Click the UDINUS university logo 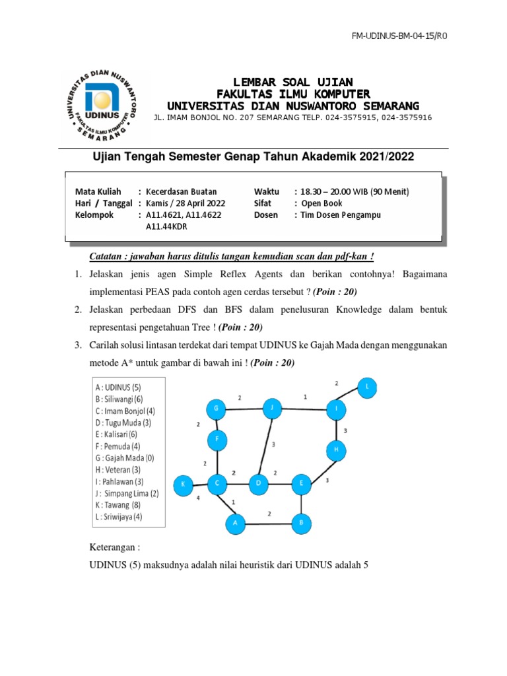coord(102,104)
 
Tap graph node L coord(366,388)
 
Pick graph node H coord(336,451)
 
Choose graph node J coord(271,409)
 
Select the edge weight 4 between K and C coord(197,499)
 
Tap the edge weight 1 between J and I coord(304,397)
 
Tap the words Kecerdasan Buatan coord(181,191)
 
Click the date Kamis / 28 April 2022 coord(186,203)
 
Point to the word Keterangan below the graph coord(114,547)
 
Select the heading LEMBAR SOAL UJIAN coord(292,82)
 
